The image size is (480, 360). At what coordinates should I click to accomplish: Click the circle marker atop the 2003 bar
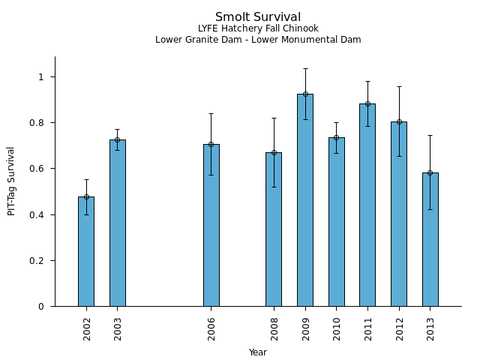[x=118, y=139]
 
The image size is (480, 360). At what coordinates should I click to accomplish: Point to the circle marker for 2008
[x=274, y=153]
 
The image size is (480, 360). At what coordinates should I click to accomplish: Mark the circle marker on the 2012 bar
[x=399, y=121]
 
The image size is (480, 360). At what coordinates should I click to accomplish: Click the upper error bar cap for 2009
[x=305, y=68]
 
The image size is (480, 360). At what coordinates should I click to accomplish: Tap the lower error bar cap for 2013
[x=430, y=209]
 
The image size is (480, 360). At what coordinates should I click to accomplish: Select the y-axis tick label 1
[x=43, y=77]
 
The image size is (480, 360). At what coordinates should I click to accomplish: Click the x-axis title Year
[x=258, y=352]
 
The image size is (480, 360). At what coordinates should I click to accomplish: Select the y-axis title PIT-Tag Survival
[x=11, y=181]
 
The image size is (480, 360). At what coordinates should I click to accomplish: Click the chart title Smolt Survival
[x=258, y=17]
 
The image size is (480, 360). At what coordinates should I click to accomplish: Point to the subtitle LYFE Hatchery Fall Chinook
[x=258, y=29]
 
